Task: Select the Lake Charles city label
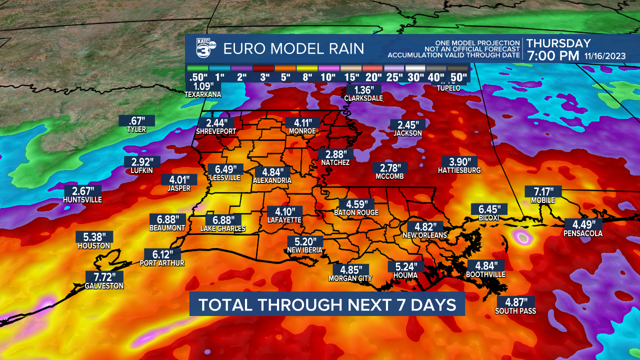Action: click(x=223, y=229)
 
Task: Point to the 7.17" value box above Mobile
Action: click(x=543, y=191)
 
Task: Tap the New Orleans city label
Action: click(x=425, y=235)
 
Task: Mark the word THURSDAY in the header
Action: click(x=558, y=43)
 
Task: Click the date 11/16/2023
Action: click(x=604, y=55)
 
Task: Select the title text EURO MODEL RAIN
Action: click(x=293, y=49)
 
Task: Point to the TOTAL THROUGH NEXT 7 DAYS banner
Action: click(x=327, y=304)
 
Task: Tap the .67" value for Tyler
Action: click(x=136, y=120)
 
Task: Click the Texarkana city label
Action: click(x=202, y=94)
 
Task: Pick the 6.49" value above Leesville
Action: click(x=225, y=169)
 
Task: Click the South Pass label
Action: click(x=515, y=311)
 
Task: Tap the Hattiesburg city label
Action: click(x=459, y=170)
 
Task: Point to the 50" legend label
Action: click(x=458, y=77)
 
